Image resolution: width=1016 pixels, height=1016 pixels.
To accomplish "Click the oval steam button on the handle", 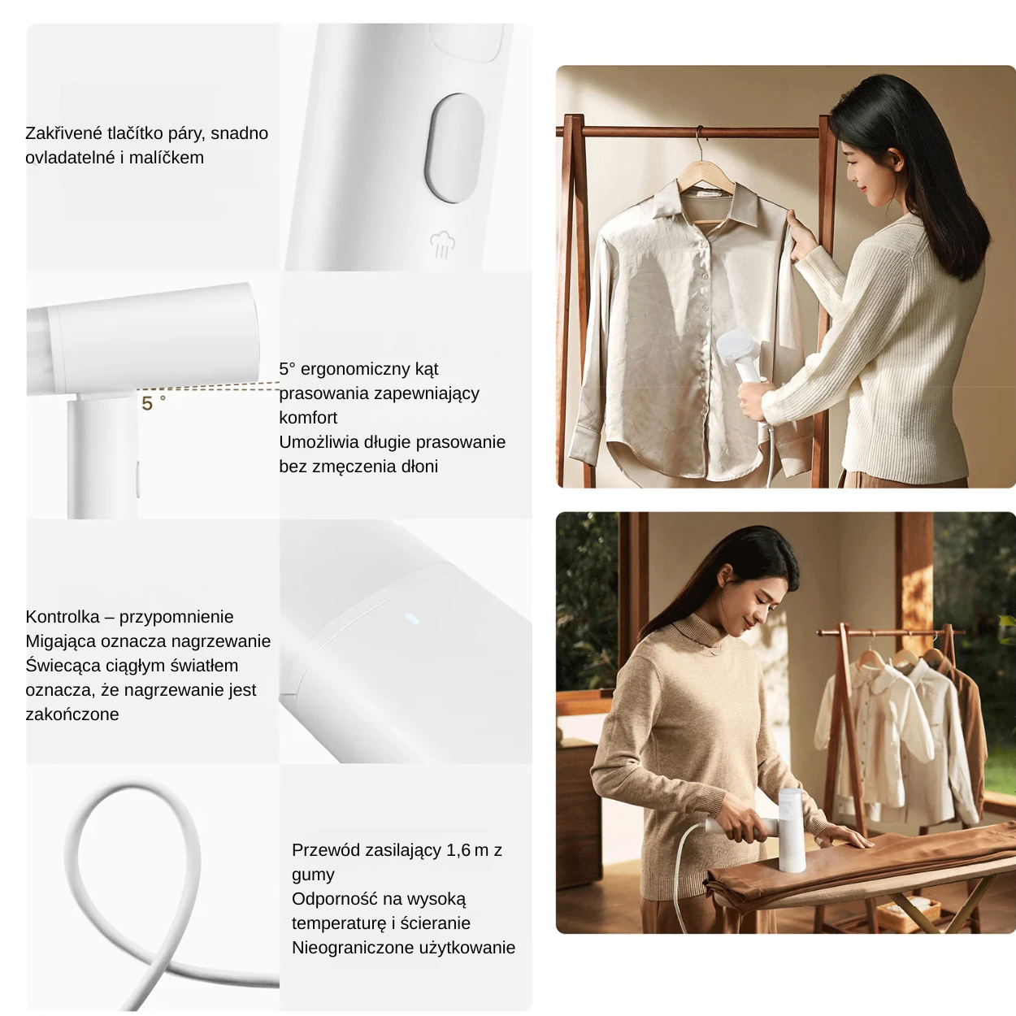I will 454,148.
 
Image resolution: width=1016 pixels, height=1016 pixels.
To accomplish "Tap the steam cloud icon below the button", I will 441,244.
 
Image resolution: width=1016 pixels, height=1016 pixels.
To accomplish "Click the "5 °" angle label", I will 152,403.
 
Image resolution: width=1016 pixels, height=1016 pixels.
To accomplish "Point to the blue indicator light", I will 411,619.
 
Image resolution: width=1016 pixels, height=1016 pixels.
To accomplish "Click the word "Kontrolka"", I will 63,617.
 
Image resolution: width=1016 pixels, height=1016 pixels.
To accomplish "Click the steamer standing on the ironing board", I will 791,829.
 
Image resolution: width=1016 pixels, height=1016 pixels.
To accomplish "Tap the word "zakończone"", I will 72,714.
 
